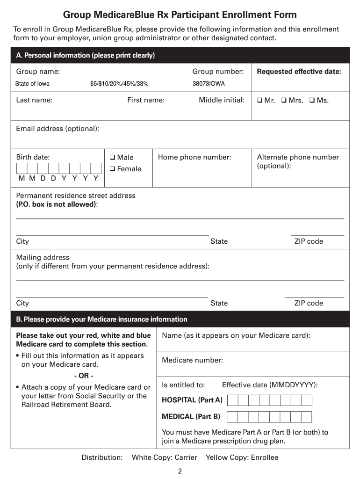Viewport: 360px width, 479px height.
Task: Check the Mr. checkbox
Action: [x=259, y=101]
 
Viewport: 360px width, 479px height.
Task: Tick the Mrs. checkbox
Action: [x=283, y=101]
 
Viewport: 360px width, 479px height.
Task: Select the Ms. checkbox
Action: [x=312, y=101]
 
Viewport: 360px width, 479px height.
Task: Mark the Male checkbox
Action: [x=113, y=158]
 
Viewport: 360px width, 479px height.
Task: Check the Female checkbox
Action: [x=113, y=169]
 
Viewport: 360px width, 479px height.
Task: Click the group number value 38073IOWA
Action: [x=209, y=84]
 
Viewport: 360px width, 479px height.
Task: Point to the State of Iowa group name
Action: [x=32, y=84]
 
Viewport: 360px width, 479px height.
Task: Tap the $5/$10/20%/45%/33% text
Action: [x=119, y=84]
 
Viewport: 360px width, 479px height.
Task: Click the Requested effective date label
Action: [x=299, y=72]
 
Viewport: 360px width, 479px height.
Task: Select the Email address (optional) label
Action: [x=58, y=129]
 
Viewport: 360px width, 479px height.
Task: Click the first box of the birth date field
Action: [x=22, y=168]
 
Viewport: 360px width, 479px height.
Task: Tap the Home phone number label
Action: [x=194, y=158]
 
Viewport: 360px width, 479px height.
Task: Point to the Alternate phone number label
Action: [x=298, y=158]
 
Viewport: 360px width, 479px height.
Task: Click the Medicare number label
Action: [x=192, y=361]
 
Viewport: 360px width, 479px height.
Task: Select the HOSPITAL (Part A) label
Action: [x=192, y=400]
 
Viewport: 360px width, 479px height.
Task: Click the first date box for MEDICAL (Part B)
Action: [x=232, y=417]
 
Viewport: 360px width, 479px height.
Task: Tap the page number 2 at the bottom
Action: [x=180, y=472]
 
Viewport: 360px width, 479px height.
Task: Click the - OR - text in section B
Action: [x=84, y=376]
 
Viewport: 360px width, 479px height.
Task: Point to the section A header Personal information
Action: [x=85, y=56]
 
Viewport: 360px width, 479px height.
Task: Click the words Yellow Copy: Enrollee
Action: [x=242, y=457]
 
